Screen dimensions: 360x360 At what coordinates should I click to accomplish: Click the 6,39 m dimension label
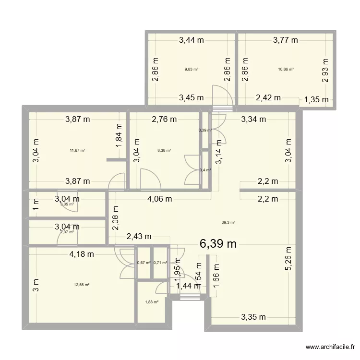[218, 244]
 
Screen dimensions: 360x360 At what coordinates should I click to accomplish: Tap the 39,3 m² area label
[228, 222]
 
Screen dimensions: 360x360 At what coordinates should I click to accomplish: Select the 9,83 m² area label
[192, 69]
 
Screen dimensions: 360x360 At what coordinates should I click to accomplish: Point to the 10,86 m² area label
[286, 69]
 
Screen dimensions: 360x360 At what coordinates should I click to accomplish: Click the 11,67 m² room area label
[77, 150]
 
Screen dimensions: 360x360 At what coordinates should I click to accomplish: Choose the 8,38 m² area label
[164, 150]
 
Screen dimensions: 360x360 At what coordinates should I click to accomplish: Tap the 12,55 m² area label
[82, 285]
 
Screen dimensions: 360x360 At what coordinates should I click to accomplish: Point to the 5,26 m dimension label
[288, 259]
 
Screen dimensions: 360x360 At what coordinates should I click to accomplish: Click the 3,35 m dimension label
[253, 317]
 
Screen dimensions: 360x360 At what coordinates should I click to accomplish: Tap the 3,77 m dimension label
[286, 40]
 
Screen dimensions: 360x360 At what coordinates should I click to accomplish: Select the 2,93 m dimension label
[325, 71]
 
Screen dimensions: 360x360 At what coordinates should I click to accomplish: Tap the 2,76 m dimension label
[164, 119]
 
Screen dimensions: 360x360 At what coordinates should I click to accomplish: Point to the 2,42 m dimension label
[268, 98]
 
